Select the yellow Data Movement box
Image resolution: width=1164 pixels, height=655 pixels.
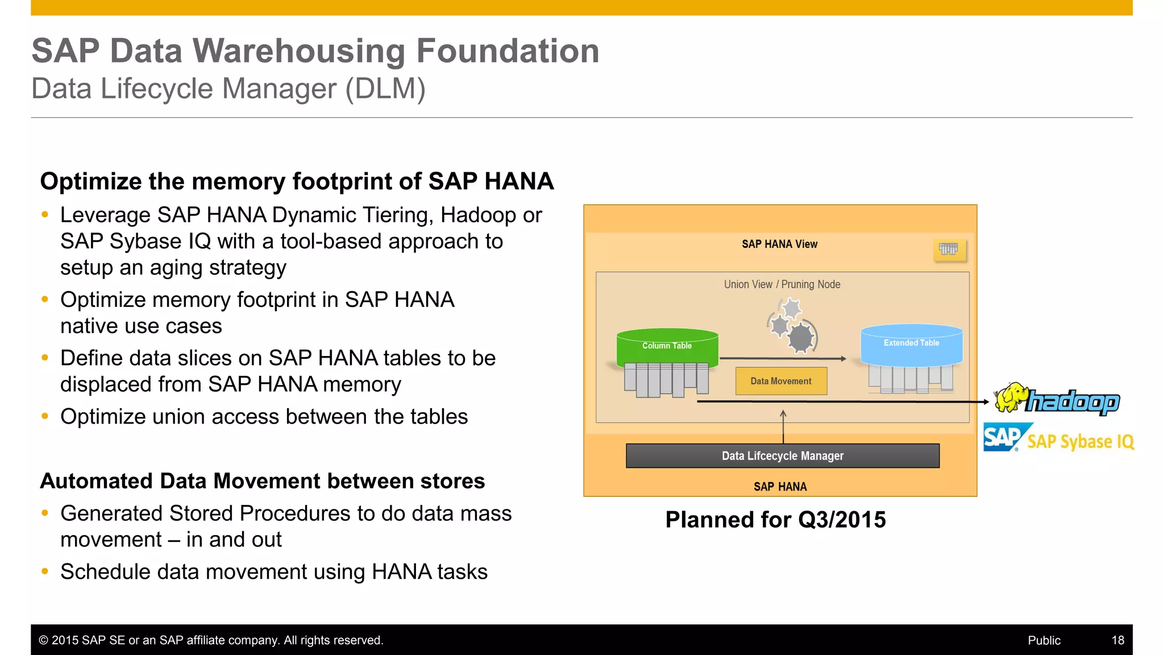[781, 381]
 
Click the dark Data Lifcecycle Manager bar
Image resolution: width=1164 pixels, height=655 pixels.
[782, 456]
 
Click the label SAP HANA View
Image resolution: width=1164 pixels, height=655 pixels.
[779, 244]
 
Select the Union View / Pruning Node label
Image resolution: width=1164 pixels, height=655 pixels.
[781, 284]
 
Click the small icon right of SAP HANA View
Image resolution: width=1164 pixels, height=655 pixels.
[949, 249]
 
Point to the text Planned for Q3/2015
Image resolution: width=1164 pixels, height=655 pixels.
[775, 520]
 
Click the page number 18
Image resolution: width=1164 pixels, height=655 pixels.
[1117, 640]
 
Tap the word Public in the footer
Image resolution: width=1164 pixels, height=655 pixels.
[1044, 640]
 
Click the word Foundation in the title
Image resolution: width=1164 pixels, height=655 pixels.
[508, 51]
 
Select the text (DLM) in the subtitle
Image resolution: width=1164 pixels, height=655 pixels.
[385, 89]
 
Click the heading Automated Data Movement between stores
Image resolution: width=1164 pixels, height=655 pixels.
[262, 481]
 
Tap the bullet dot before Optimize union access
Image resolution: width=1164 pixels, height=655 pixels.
[45, 416]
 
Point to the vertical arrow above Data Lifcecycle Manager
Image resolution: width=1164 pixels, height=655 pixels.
[783, 426]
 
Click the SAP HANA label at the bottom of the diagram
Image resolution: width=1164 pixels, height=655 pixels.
[780, 487]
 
